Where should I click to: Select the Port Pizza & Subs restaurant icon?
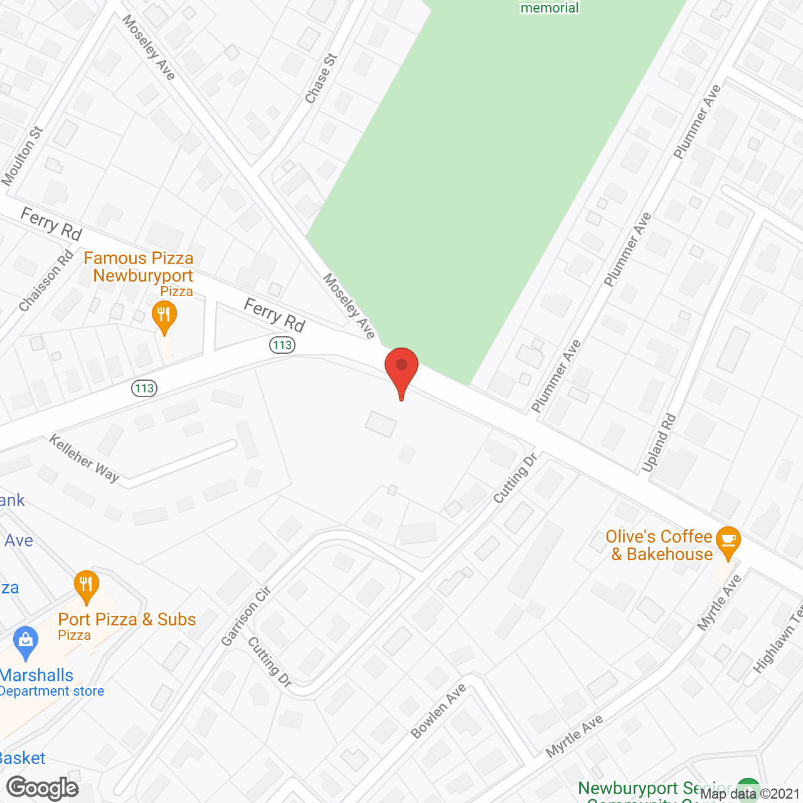tap(86, 585)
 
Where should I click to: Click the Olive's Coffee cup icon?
tap(728, 541)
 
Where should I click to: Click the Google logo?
tap(43, 788)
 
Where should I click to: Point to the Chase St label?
tap(321, 78)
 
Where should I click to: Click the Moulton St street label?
tap(23, 156)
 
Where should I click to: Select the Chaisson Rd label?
tap(46, 281)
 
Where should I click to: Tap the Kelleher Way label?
tap(85, 459)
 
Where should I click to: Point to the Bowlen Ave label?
tap(439, 711)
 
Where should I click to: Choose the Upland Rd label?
tap(659, 442)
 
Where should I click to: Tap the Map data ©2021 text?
tap(750, 794)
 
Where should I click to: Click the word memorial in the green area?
tap(550, 8)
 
